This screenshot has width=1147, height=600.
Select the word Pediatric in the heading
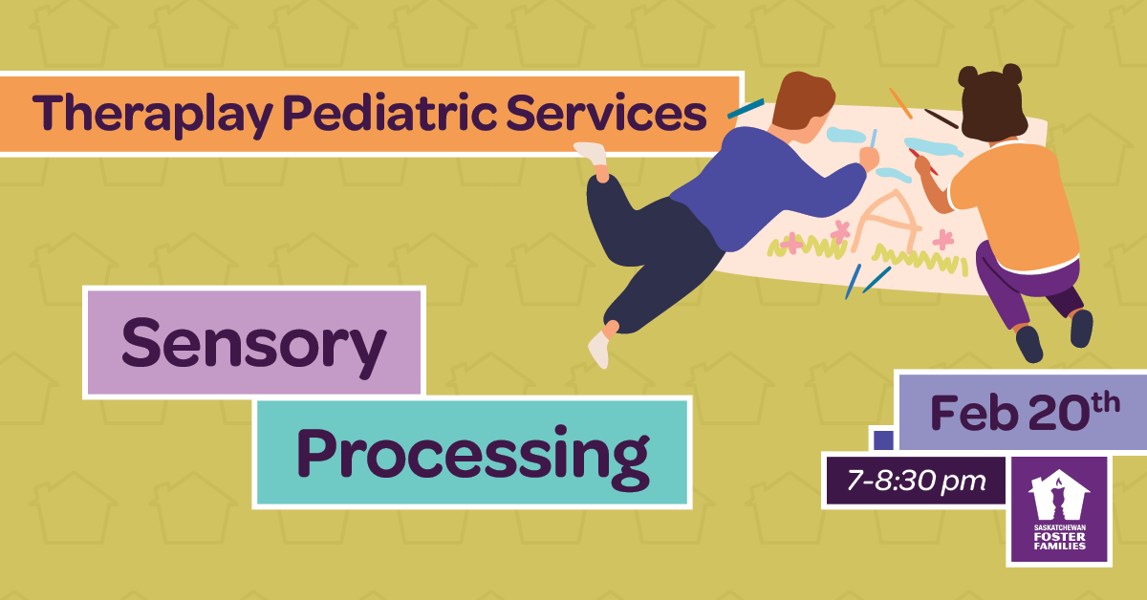tap(389, 113)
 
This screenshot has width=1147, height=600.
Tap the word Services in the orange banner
tap(607, 113)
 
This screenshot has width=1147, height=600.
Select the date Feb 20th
tap(1025, 411)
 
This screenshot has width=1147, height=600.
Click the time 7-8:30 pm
tap(917, 482)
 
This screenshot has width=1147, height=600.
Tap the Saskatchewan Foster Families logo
tap(1059, 510)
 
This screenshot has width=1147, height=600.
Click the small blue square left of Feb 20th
tap(884, 440)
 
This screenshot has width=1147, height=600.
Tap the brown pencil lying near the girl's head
tap(941, 118)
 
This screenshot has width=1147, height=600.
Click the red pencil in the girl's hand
tap(923, 161)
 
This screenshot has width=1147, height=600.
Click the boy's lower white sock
tap(599, 349)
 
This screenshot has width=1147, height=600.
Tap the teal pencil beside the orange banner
tap(746, 109)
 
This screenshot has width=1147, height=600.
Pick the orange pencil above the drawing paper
tap(900, 103)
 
